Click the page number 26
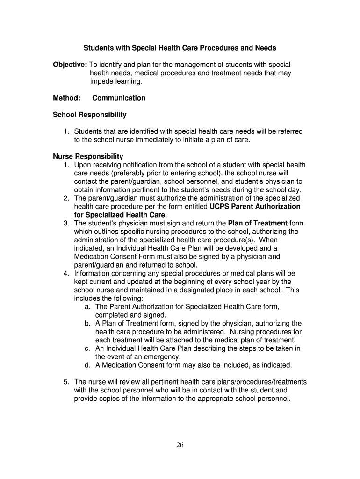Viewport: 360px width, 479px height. click(x=180, y=445)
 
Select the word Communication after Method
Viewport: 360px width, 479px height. click(x=119, y=98)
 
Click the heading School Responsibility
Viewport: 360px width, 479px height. click(x=90, y=115)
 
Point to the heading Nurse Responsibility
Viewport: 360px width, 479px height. click(x=88, y=156)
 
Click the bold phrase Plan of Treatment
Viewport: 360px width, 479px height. click(x=258, y=223)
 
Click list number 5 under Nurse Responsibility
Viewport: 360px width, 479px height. click(x=67, y=382)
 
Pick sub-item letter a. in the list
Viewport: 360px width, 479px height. click(x=87, y=307)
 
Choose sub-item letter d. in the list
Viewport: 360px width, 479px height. click(x=87, y=365)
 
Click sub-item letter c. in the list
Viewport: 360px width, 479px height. click(x=87, y=348)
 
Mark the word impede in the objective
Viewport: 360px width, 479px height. click(x=101, y=81)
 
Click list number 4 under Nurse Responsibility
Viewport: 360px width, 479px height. click(x=67, y=273)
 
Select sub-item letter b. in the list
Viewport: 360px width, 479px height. click(x=87, y=323)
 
